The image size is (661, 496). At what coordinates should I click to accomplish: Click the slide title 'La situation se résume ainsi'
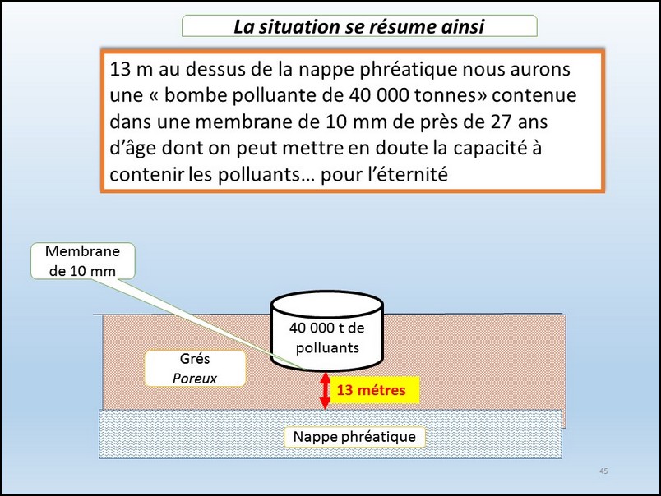(359, 26)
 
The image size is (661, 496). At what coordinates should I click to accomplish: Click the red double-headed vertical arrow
(325, 391)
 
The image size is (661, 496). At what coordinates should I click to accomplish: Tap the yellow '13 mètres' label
(372, 390)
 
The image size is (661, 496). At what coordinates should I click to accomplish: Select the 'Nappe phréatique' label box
(354, 437)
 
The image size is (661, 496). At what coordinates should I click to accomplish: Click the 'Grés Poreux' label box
(195, 369)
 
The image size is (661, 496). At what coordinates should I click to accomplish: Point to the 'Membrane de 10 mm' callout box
(82, 261)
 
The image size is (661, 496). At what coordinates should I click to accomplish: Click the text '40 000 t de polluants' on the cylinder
(327, 338)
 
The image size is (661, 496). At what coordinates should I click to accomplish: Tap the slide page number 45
(603, 471)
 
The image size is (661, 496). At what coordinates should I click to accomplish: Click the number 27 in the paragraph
(501, 122)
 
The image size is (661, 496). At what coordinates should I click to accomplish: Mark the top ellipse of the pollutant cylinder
(326, 303)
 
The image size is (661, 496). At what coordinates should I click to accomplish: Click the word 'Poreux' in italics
(195, 378)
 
